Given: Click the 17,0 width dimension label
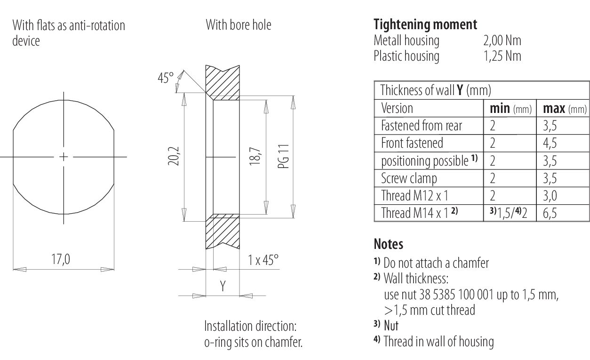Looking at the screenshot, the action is coord(61,259).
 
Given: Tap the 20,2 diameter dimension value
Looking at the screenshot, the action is coord(174,156).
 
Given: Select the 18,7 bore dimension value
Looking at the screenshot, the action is coord(255,156).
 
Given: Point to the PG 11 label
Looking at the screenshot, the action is coord(284,156).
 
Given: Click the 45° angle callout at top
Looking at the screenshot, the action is coord(166,78).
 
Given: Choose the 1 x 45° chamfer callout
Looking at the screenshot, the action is coord(263,260).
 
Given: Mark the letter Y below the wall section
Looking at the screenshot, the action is coord(223,286).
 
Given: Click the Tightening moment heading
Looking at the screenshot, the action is coord(425,25).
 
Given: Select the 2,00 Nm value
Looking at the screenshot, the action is coord(502,40).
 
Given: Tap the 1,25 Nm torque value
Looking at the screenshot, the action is coord(502,56).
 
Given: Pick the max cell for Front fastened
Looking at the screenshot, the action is coord(550,143).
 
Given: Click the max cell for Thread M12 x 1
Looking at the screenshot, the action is coord(550,196).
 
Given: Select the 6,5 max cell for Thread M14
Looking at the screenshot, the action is coord(550,213).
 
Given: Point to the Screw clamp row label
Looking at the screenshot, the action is coord(409,178).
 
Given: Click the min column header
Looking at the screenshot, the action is coord(510,109).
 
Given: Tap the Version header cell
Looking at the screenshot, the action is coord(397,108).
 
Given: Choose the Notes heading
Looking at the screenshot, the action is coord(388,244).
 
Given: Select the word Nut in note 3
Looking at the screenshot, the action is coord(391,326).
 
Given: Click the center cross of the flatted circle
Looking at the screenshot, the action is coord(64,157).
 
